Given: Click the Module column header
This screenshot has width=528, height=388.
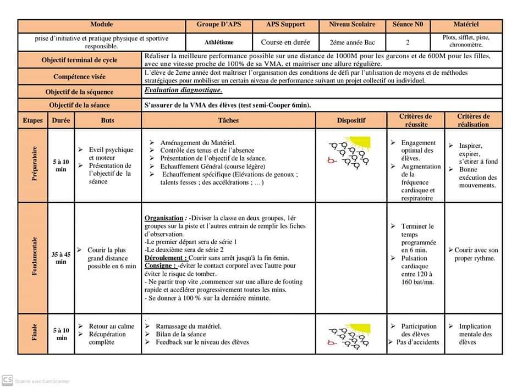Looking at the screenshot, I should point(102,25).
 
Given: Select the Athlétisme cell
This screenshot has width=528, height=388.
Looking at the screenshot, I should point(219,42).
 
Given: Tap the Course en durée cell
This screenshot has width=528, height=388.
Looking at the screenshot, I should point(285,42).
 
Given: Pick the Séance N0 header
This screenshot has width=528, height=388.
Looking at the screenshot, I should point(408,25).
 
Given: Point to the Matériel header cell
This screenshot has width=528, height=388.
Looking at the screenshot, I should point(466,25).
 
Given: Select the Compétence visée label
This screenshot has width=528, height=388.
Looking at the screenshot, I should point(80,76).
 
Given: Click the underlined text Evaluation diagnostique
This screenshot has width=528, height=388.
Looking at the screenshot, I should point(183,90).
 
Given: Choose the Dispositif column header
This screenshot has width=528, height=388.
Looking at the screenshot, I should point(351,120).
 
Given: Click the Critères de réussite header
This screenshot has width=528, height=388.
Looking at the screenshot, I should point(415,120).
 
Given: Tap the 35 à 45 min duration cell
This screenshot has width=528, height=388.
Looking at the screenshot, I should point(61,258).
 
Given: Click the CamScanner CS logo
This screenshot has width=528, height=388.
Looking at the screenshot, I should point(8,380).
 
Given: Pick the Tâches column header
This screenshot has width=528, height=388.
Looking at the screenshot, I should point(229,120).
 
